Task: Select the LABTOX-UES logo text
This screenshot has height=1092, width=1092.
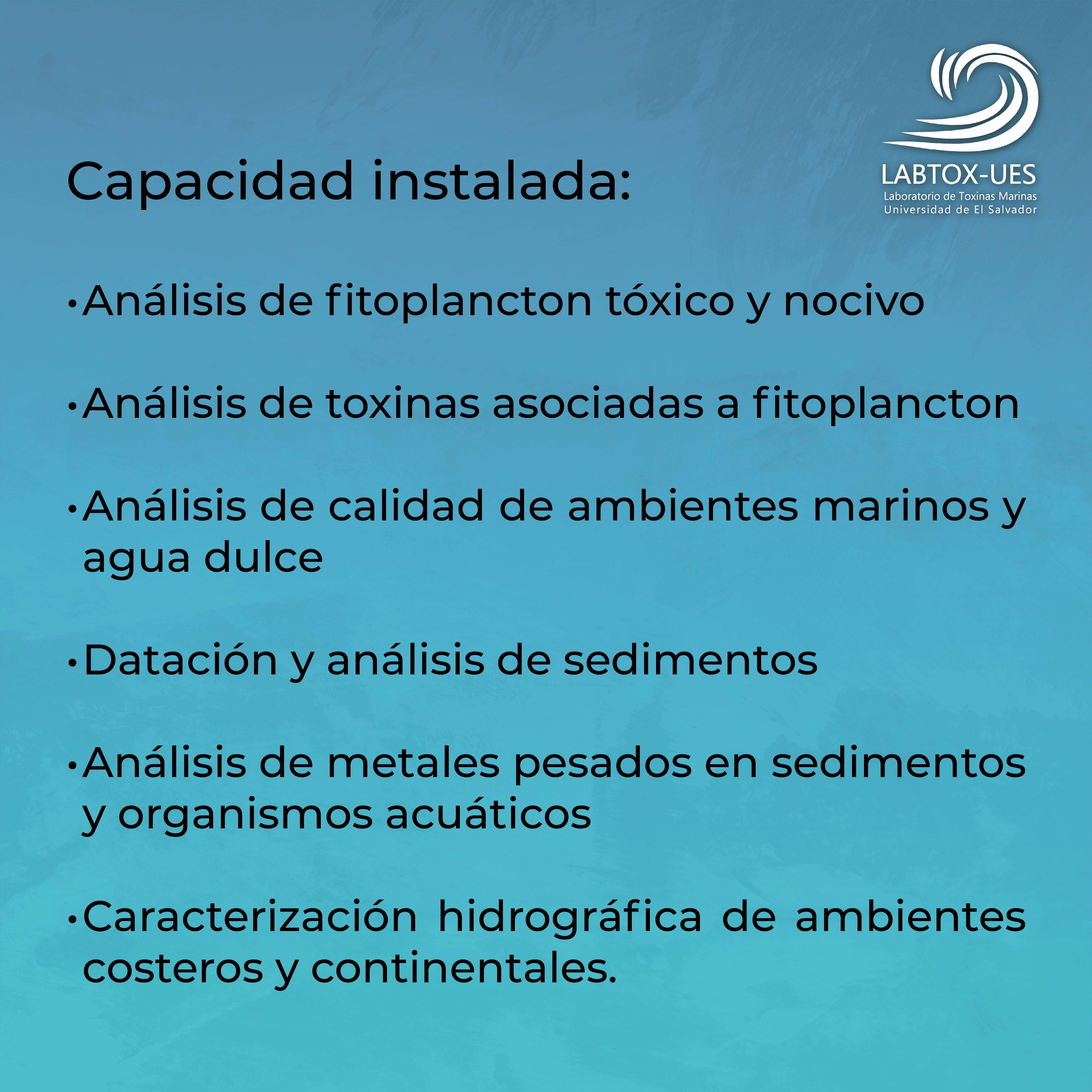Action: (x=959, y=175)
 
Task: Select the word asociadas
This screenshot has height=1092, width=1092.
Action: (x=598, y=403)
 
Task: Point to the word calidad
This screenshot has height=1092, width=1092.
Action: (x=406, y=505)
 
